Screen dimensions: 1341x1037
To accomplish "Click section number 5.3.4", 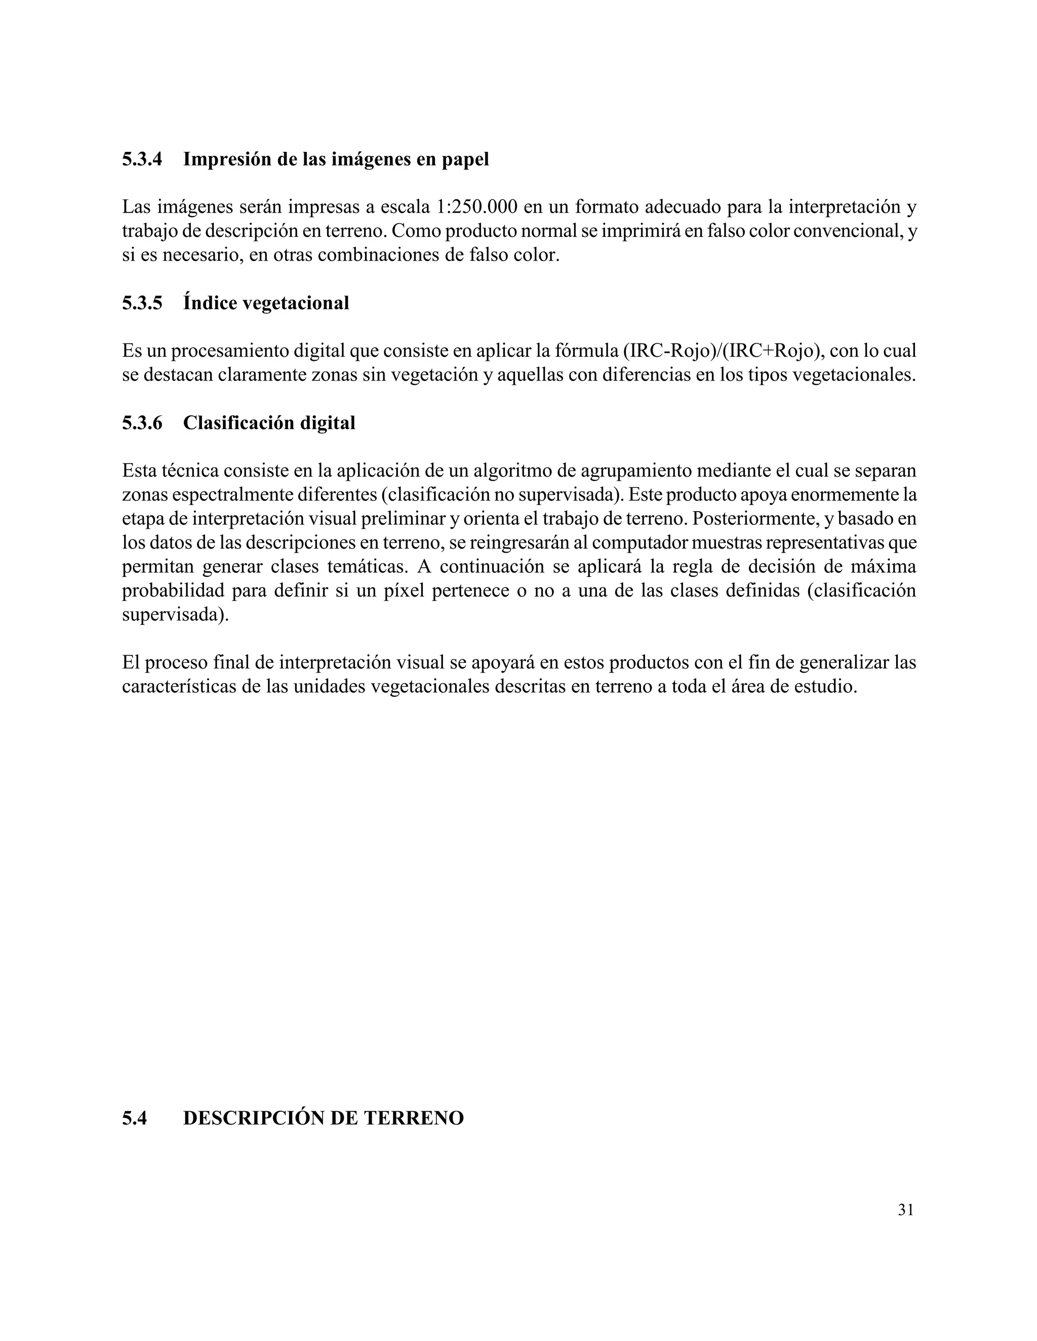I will [x=142, y=159].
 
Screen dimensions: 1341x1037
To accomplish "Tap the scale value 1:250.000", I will [x=476, y=207].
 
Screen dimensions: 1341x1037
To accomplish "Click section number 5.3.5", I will [x=142, y=303].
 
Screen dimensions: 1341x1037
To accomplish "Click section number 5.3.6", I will [x=142, y=423].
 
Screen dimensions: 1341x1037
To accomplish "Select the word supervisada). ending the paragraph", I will [x=175, y=615].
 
